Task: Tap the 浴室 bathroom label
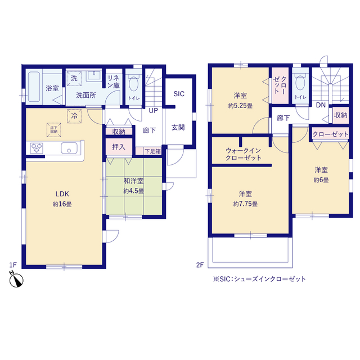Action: [x=52, y=88]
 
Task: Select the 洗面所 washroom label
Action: [x=86, y=95]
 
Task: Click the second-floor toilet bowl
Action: [x=300, y=83]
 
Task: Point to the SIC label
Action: [x=179, y=94]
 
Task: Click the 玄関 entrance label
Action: [x=178, y=127]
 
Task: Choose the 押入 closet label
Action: [x=119, y=148]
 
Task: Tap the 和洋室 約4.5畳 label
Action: [x=133, y=186]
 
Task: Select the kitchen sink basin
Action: [x=69, y=149]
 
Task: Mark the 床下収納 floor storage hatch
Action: [x=54, y=130]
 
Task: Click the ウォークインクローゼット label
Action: [x=244, y=155]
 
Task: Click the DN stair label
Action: [x=320, y=105]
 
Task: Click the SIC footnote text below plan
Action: [x=259, y=279]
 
